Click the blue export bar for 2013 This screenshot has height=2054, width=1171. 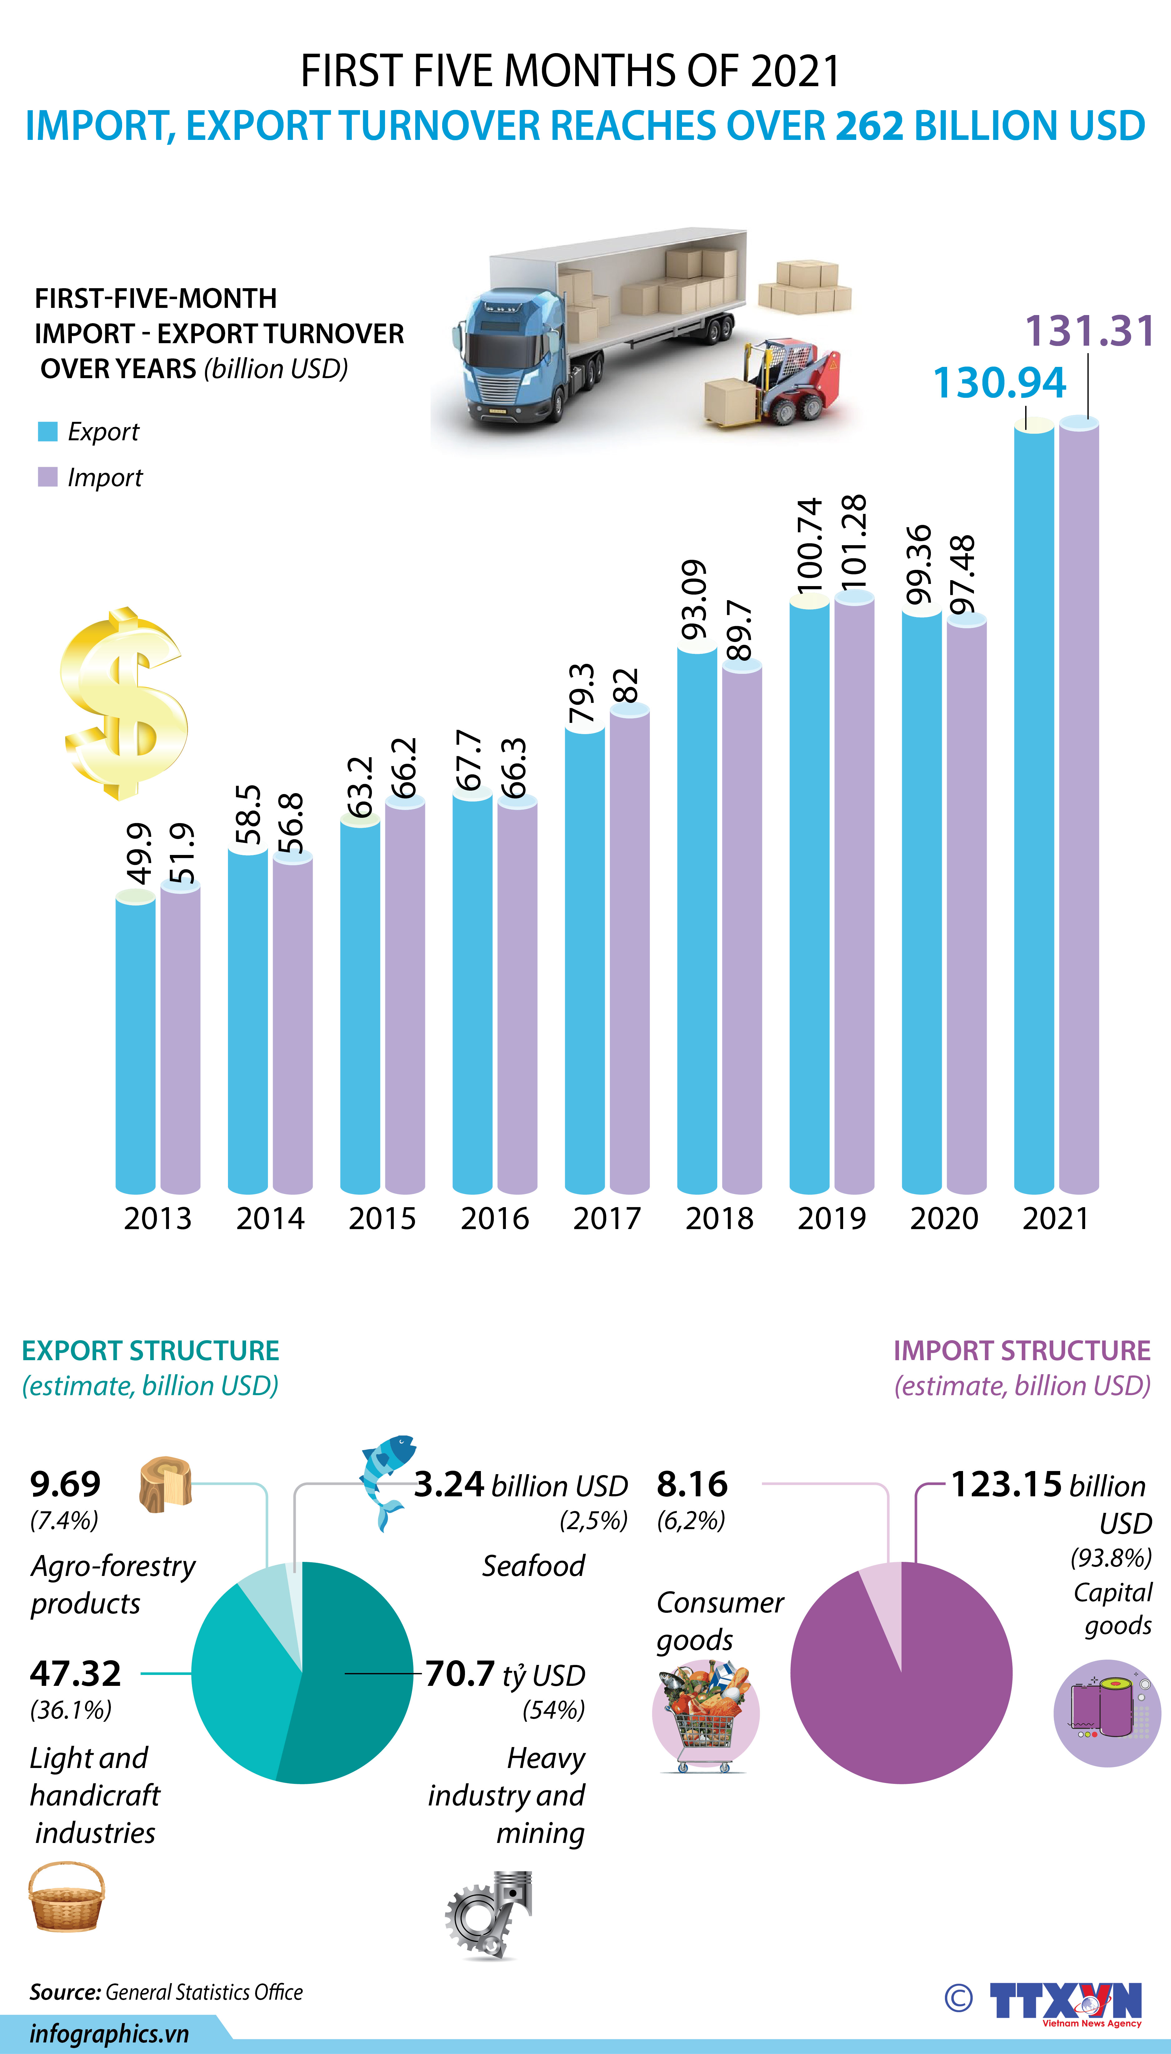135,1045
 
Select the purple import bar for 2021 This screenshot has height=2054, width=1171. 1079,804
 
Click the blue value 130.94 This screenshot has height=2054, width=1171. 999,383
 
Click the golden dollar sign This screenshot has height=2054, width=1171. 125,704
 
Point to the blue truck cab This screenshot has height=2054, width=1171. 515,354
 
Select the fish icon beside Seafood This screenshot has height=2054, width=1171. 384,1480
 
